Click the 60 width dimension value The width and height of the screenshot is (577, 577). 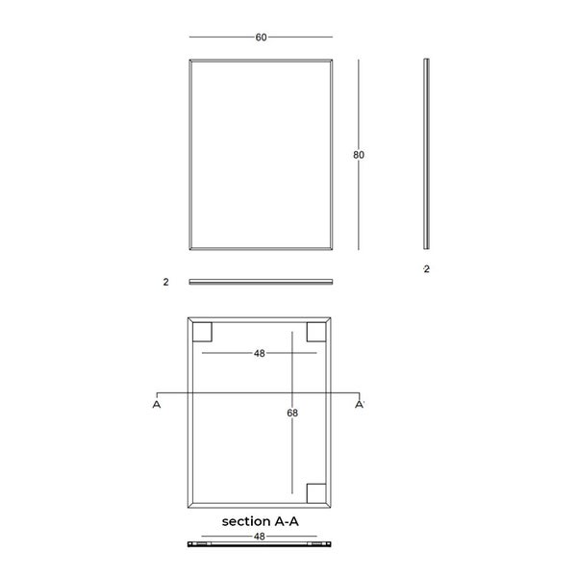click(x=261, y=38)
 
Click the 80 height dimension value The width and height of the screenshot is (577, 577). click(x=359, y=155)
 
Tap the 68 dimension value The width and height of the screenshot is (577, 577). click(x=292, y=413)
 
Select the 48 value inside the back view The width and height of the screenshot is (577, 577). click(x=259, y=353)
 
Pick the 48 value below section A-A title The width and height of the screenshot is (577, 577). click(x=259, y=537)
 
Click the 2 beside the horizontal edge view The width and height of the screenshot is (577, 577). click(x=166, y=282)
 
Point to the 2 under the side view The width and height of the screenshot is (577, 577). click(x=426, y=269)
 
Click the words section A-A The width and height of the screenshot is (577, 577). click(x=261, y=521)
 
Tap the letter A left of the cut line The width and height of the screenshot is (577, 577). click(x=157, y=405)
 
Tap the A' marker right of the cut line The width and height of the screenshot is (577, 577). click(x=360, y=405)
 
